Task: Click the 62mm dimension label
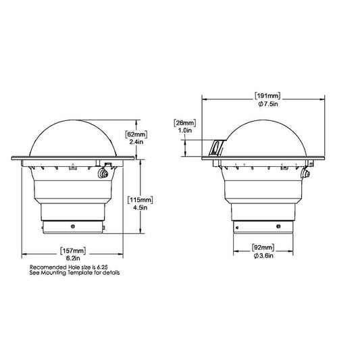[136, 134]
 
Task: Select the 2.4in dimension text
[136, 142]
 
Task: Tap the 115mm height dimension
[140, 200]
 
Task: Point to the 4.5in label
[140, 207]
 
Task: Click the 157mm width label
[73, 251]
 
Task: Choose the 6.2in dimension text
[73, 258]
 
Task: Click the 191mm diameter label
[267, 96]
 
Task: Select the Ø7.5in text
[268, 104]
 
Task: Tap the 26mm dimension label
[185, 123]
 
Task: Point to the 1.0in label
[185, 130]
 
